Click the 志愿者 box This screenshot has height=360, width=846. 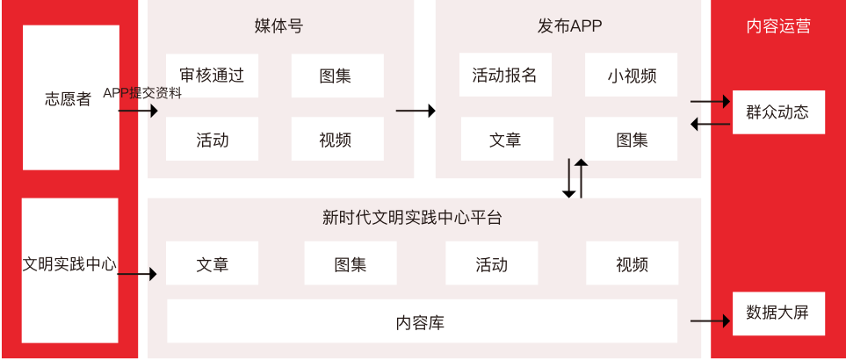pyautogui.click(x=70, y=97)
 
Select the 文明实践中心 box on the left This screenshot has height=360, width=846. pyautogui.click(x=69, y=269)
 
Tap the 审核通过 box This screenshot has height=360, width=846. pyautogui.click(x=212, y=76)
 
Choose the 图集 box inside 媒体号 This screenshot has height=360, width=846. pyautogui.click(x=337, y=76)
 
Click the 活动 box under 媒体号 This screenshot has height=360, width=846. pyautogui.click(x=212, y=139)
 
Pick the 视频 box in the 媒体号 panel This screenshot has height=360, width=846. pyautogui.click(x=337, y=139)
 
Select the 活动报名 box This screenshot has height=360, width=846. pyautogui.click(x=504, y=76)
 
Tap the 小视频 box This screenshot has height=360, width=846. pyautogui.click(x=631, y=76)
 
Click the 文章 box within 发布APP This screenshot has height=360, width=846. pyautogui.click(x=505, y=139)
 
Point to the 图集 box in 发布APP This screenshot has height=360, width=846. pyautogui.click(x=631, y=139)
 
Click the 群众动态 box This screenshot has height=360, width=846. pyautogui.click(x=778, y=112)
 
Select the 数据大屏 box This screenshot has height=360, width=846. pyautogui.click(x=778, y=313)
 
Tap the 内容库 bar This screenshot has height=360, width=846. pyautogui.click(x=422, y=321)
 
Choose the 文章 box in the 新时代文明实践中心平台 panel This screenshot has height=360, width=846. pyautogui.click(x=212, y=264)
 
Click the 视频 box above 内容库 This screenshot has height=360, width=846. pyautogui.click(x=631, y=264)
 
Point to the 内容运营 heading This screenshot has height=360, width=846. pyautogui.click(x=777, y=26)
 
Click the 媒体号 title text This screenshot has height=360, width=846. pyautogui.click(x=278, y=26)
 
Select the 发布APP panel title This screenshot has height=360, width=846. pyautogui.click(x=568, y=26)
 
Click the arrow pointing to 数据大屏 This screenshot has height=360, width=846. pyautogui.click(x=710, y=321)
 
